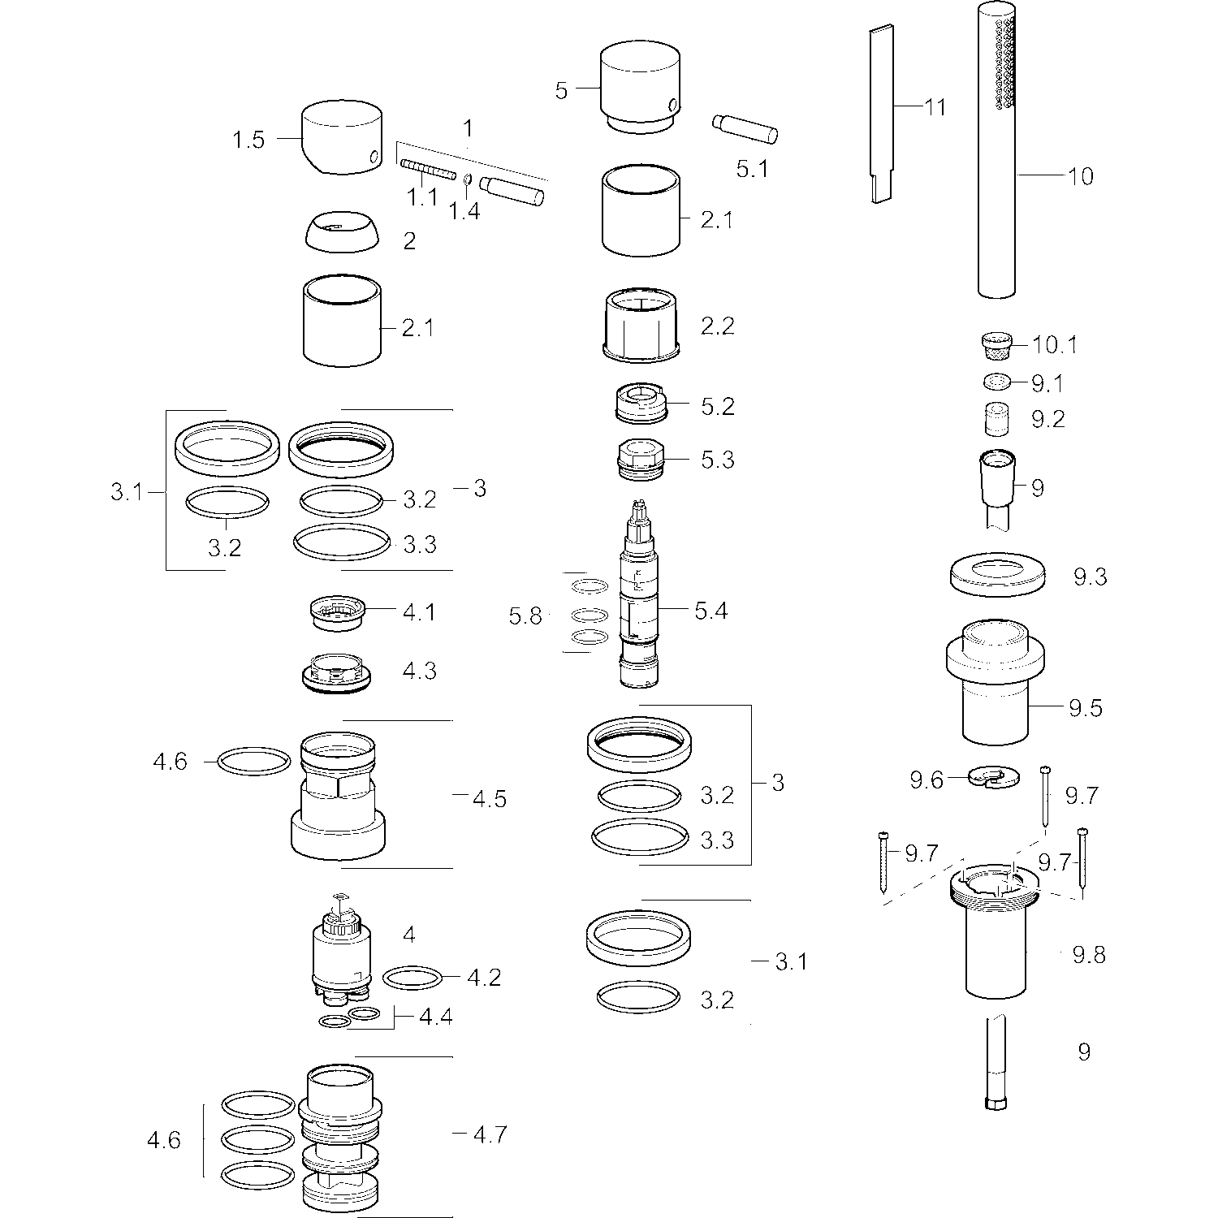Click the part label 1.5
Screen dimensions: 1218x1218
coord(248,140)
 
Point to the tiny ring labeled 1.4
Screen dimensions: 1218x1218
coord(469,179)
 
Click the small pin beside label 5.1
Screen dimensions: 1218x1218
coord(745,128)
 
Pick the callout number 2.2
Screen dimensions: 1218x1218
coord(717,326)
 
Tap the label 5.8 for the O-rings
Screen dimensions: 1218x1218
coord(525,616)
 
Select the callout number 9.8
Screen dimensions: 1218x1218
coord(1089,955)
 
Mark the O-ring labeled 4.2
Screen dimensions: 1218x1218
coord(412,977)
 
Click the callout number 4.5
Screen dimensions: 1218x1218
coord(490,799)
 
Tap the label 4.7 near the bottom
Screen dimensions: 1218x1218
coord(490,1134)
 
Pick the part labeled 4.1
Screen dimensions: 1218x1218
coord(339,612)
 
